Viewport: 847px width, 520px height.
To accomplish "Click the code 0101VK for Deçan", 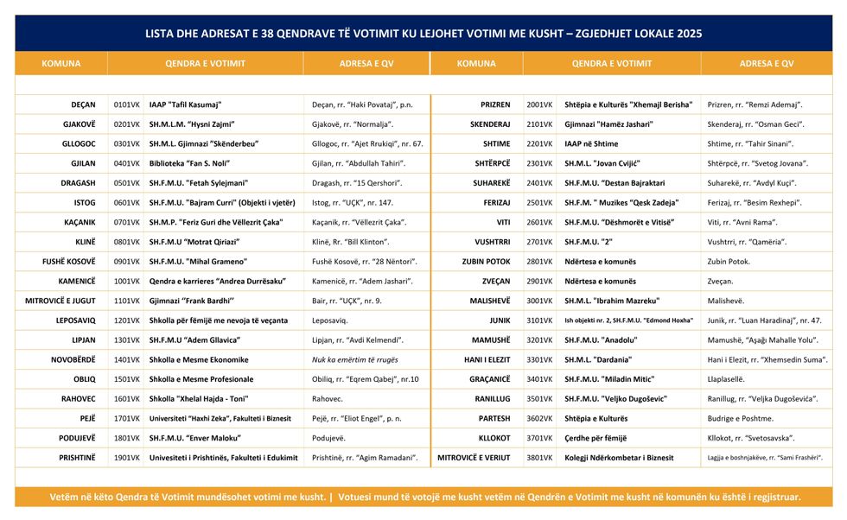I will (126, 105).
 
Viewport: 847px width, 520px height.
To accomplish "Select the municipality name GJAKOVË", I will (79, 124).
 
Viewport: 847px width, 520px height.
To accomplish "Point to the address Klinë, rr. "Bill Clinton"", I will (350, 242).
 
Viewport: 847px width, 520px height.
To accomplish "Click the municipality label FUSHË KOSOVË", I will (69, 261).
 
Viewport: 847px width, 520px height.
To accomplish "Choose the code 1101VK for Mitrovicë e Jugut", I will (126, 301).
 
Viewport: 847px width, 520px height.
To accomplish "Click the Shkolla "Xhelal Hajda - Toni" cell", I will (198, 398).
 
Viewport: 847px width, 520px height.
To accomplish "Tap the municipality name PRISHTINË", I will (77, 457).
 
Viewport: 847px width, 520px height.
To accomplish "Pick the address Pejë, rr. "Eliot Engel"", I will (357, 418).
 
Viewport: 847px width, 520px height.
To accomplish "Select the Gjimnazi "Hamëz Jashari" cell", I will (608, 124).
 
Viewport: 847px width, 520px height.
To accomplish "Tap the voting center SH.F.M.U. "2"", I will (589, 242).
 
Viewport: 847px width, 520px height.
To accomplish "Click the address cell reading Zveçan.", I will (721, 281).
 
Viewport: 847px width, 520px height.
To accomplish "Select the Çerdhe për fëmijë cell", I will (595, 438).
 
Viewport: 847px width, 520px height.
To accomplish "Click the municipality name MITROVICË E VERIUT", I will (474, 457).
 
